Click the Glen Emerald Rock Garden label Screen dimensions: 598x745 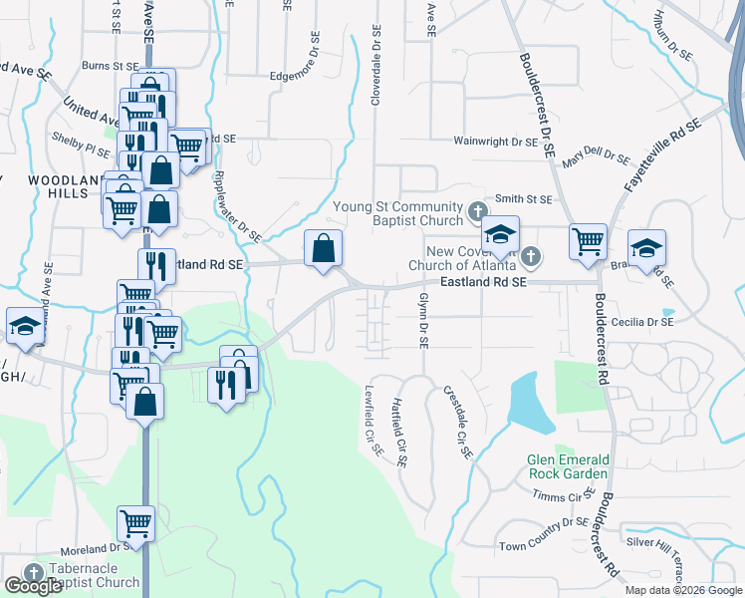pyautogui.click(x=568, y=466)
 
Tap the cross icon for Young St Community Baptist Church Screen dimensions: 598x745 pyautogui.click(x=477, y=212)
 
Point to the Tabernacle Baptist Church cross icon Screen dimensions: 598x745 pyautogui.click(x=34, y=572)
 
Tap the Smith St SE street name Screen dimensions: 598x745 pyautogui.click(x=524, y=199)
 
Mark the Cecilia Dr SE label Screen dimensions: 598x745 pyautogui.click(x=641, y=322)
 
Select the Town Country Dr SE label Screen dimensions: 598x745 pyautogui.click(x=544, y=533)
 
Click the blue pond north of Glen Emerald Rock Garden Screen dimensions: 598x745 pyautogui.click(x=530, y=405)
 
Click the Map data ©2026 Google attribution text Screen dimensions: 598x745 pyautogui.click(x=682, y=590)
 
